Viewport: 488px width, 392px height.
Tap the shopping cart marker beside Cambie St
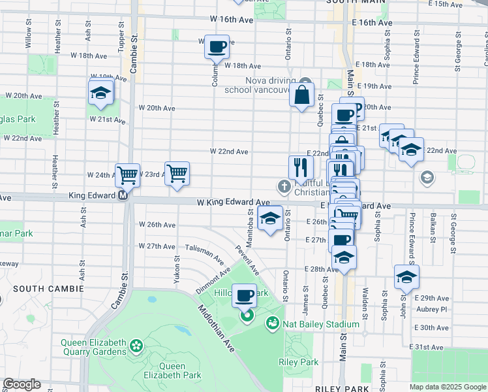127,174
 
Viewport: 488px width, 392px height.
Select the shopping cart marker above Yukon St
177,174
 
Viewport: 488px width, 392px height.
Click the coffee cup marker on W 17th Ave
217,47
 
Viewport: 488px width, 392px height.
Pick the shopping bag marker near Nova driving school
302,95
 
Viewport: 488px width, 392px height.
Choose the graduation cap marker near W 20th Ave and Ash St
101,92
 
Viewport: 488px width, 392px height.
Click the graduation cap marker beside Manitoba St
269,219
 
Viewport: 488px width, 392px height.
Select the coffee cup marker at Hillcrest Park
245,296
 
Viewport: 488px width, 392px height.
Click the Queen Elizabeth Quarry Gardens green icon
136,344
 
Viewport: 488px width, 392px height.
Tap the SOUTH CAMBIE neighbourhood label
48,288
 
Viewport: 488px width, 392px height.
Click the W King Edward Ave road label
234,203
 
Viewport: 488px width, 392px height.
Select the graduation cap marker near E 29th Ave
406,277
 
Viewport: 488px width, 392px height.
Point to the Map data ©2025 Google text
448,387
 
